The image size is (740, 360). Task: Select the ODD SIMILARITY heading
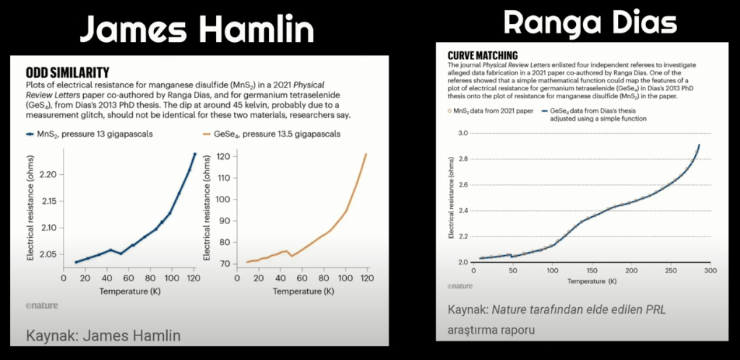67,72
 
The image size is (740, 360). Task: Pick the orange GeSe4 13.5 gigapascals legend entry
272,134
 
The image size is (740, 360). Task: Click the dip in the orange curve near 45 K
291,255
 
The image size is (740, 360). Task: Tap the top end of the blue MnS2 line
194,153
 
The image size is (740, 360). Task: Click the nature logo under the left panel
42,306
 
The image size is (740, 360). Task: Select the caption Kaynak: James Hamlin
103,335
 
